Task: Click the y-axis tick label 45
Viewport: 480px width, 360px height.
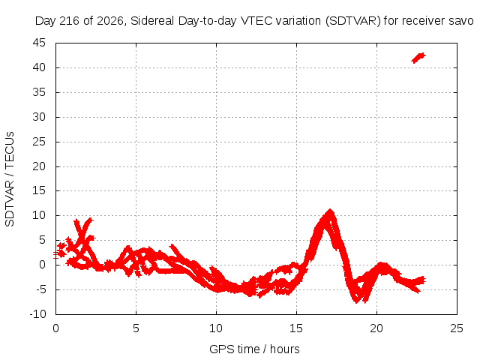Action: [x=39, y=43]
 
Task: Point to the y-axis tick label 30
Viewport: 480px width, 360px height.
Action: [x=39, y=117]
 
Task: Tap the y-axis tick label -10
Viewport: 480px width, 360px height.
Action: [x=37, y=314]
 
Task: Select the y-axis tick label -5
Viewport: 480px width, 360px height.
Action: [x=39, y=289]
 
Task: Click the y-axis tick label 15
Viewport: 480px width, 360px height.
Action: [x=39, y=190]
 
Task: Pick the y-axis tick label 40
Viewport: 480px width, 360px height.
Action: [x=39, y=67]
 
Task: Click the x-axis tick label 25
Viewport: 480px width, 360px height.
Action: [x=457, y=328]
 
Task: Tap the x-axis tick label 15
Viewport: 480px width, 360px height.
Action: [x=296, y=328]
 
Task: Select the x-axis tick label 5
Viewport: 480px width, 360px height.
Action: [x=136, y=328]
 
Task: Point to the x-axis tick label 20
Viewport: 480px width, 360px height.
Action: [x=376, y=328]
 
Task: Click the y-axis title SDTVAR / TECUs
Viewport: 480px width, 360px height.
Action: [x=10, y=179]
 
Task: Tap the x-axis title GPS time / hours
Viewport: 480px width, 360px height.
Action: [x=254, y=349]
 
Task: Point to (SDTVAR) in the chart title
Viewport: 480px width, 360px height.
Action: [x=353, y=21]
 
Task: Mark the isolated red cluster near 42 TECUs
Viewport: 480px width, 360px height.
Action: [x=418, y=58]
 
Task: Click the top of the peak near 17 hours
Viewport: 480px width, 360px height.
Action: [x=330, y=210]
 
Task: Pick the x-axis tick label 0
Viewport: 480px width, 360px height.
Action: [x=55, y=328]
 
